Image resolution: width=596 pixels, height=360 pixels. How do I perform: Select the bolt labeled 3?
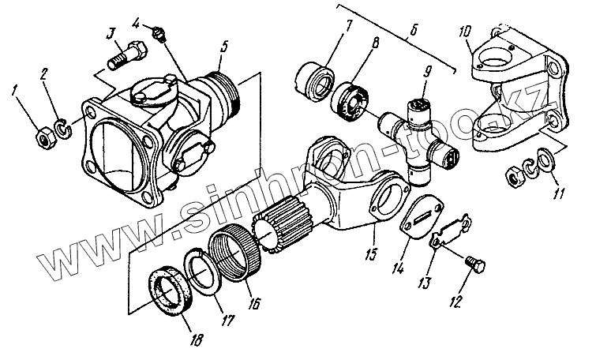[123, 56]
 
